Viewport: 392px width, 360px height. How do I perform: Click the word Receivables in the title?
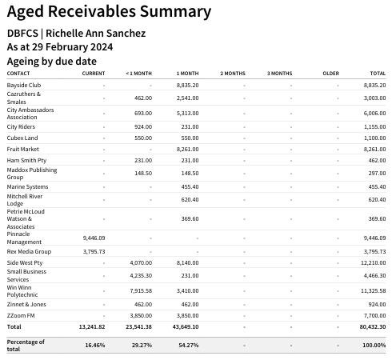(x=92, y=11)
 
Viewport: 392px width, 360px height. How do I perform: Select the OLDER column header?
(x=331, y=74)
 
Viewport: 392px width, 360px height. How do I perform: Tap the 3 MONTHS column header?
(x=279, y=74)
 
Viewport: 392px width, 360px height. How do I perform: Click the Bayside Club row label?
(x=24, y=85)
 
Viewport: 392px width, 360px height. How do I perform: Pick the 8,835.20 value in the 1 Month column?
(x=187, y=86)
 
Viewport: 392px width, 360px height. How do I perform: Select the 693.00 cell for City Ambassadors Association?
(x=143, y=114)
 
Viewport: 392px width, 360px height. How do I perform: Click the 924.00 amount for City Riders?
(x=143, y=127)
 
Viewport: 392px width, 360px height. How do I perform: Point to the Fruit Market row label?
(x=23, y=149)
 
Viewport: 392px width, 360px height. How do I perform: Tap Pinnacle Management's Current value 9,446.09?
(x=94, y=238)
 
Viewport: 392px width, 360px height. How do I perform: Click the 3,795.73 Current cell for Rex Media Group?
(x=94, y=252)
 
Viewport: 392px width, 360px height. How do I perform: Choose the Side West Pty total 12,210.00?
(x=374, y=263)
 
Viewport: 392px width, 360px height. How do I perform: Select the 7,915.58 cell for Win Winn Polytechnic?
(x=141, y=291)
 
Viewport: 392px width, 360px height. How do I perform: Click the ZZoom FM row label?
(x=21, y=315)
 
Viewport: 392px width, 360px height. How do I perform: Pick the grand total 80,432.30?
(x=373, y=327)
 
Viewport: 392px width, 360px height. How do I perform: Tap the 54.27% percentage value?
(x=189, y=346)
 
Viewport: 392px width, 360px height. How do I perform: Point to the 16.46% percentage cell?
(x=95, y=346)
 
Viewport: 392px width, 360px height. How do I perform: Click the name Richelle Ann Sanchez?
(x=96, y=34)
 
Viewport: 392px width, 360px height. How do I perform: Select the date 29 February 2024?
(x=73, y=47)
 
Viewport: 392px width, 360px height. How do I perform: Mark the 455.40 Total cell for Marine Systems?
(x=377, y=187)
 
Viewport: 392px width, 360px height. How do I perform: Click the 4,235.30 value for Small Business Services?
(x=141, y=276)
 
